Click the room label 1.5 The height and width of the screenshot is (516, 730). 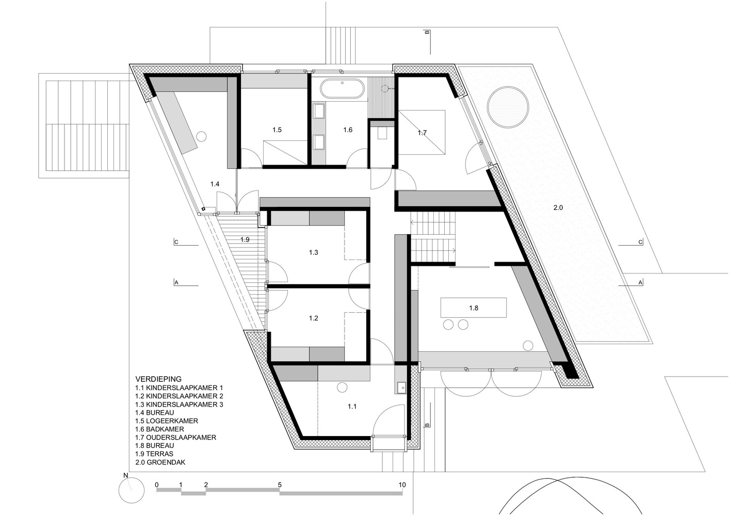[x=277, y=130]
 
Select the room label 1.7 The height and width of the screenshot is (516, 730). [x=422, y=133]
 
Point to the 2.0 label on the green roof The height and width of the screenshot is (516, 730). [x=558, y=207]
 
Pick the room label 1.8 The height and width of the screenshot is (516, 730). [x=474, y=308]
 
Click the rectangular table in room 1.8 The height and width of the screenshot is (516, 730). [x=473, y=308]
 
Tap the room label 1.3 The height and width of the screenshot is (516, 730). [x=314, y=252]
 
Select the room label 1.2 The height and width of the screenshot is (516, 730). [x=314, y=318]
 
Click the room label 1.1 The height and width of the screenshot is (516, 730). [x=352, y=407]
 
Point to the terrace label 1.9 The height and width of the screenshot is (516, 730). [x=245, y=239]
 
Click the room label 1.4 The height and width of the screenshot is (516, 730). [x=215, y=184]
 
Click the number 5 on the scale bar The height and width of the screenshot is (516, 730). [x=280, y=485]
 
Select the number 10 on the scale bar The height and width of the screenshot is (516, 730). [x=402, y=485]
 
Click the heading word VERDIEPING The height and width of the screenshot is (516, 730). [x=158, y=379]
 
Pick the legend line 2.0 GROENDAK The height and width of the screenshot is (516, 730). [x=160, y=462]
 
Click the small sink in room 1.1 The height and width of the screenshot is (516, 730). [x=401, y=385]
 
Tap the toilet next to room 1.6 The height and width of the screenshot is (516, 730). [x=382, y=133]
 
